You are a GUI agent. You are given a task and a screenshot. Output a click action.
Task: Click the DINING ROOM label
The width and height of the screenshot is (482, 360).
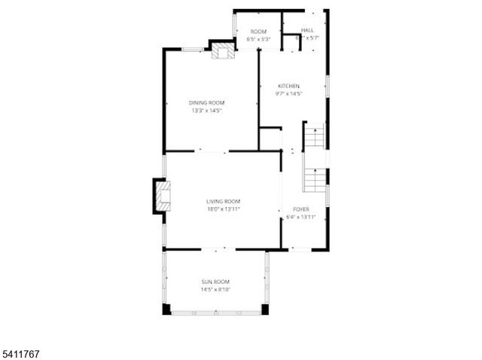[x=206, y=102]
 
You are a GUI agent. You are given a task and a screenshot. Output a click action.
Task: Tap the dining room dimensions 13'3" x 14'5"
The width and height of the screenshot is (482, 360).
[x=206, y=111]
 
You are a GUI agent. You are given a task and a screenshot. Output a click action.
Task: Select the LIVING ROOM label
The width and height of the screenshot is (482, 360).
[x=224, y=201]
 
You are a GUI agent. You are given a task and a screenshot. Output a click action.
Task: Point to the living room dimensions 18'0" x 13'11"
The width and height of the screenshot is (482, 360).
[x=224, y=209]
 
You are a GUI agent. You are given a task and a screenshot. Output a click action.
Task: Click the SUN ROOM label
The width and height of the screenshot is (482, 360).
[x=215, y=282]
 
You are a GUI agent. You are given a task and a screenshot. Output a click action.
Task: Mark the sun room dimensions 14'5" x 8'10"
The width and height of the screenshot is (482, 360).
[x=215, y=290]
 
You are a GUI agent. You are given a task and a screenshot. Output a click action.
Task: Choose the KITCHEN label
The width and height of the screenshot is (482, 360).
[x=288, y=86]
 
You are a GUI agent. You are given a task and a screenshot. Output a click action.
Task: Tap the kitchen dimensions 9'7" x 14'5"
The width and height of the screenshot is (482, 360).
[x=288, y=94]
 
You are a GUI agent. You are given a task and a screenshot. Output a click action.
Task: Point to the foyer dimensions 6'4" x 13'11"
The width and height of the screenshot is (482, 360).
[x=300, y=218]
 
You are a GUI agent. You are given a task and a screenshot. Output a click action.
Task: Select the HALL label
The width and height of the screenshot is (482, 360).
[x=307, y=31]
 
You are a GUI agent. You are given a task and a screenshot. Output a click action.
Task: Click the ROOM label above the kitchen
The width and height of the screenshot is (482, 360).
[x=259, y=31]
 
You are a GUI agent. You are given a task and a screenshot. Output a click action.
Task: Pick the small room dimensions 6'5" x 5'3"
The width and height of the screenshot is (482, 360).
[x=259, y=38]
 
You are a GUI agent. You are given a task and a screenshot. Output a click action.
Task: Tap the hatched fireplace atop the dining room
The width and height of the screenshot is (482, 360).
[x=222, y=51]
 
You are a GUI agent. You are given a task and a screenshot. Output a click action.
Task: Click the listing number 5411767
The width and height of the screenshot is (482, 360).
[x=22, y=351]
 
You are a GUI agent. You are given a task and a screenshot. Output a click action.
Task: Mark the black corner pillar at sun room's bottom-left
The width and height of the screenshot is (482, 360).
[x=166, y=309]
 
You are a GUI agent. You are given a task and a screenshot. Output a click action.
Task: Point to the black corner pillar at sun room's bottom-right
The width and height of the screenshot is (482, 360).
[x=264, y=309]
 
